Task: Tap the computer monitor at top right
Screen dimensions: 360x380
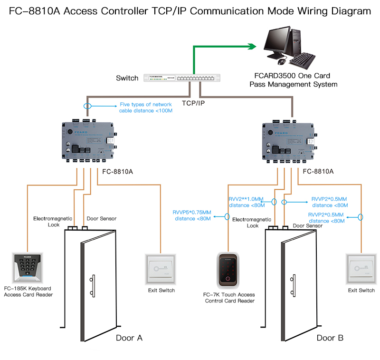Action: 284,42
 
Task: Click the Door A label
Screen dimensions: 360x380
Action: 129,338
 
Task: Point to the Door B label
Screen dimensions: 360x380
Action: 330,338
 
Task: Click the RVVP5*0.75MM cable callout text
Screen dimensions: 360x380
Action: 192,215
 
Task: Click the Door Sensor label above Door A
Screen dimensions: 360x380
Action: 101,219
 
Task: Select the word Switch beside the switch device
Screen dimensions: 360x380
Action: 127,78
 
